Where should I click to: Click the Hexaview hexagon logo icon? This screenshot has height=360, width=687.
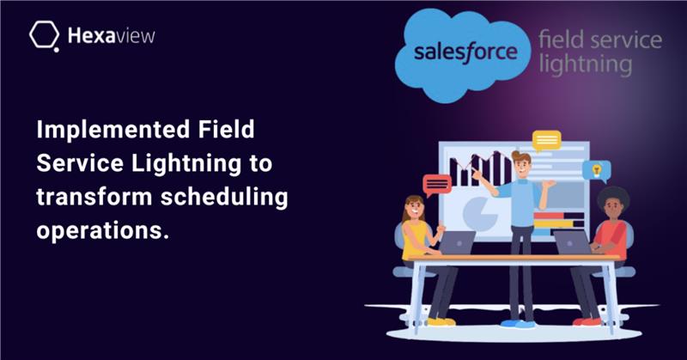[x=45, y=35]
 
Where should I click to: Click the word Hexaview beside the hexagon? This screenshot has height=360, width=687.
[x=112, y=35]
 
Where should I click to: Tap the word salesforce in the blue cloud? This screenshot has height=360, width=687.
[x=465, y=52]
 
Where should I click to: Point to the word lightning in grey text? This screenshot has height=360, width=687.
[x=586, y=64]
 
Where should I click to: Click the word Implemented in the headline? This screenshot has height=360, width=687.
[x=113, y=131]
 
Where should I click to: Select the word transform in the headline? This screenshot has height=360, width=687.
[x=94, y=197]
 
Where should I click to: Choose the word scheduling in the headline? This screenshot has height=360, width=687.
[x=224, y=198]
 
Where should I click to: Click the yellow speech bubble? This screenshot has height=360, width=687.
[x=546, y=141]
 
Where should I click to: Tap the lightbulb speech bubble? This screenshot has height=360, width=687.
[x=596, y=171]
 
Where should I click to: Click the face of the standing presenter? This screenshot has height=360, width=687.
[x=522, y=167]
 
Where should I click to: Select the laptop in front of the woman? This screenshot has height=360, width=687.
[x=457, y=242]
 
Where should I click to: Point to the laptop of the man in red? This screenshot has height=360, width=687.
[x=572, y=242]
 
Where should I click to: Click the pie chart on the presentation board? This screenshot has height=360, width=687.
[x=480, y=214]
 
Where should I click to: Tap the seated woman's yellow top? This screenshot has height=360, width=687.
[x=414, y=240]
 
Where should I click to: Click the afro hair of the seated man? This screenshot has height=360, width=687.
[x=613, y=198]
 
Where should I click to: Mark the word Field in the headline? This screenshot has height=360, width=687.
[x=226, y=130]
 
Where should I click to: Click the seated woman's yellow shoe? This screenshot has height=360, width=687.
[x=441, y=322]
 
